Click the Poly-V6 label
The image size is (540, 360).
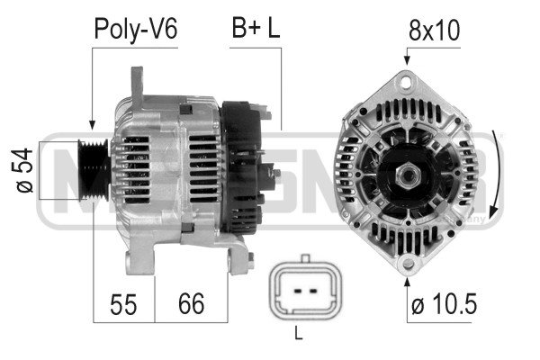(x=137, y=30)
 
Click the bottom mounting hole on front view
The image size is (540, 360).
(x=409, y=262)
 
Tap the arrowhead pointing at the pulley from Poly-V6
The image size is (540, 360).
(x=91, y=125)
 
